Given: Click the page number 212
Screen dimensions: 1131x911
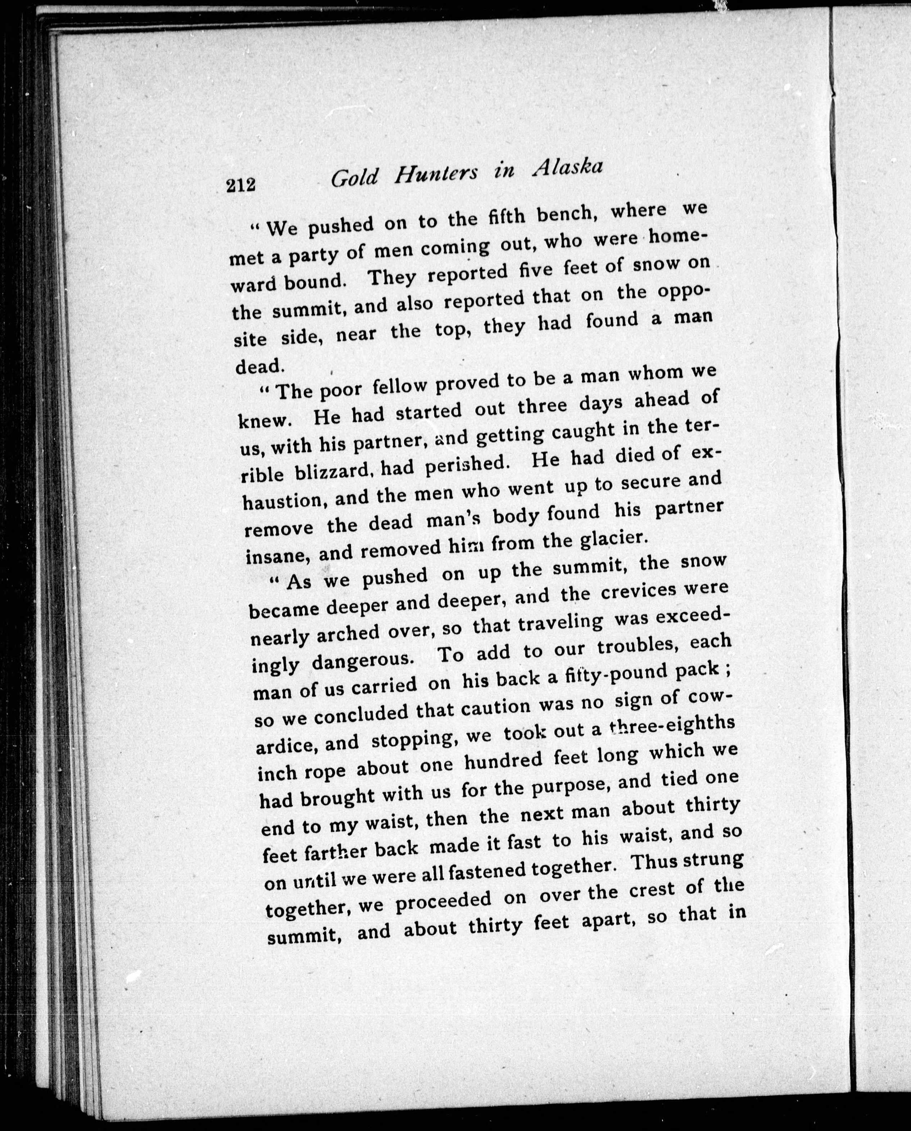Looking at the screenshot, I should pos(241,185).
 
